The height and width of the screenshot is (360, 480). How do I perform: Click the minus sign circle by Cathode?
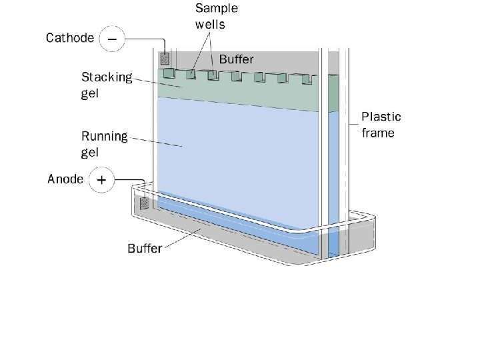(x=111, y=39)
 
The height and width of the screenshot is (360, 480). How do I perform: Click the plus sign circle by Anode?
(x=101, y=180)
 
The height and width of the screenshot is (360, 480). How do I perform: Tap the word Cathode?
(x=70, y=38)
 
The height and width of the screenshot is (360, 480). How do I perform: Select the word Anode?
(x=65, y=179)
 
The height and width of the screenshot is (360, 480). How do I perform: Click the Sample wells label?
(x=216, y=16)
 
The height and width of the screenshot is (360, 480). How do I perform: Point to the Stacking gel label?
(x=107, y=85)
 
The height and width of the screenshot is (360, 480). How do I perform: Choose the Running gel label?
(x=104, y=144)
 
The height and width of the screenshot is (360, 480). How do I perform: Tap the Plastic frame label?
(x=381, y=125)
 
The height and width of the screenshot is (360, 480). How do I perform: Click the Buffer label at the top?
(x=237, y=59)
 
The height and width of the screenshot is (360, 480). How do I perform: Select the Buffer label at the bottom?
(x=145, y=248)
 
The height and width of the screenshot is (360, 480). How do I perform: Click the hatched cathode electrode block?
(x=166, y=59)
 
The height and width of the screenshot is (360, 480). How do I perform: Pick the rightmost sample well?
(x=306, y=79)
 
